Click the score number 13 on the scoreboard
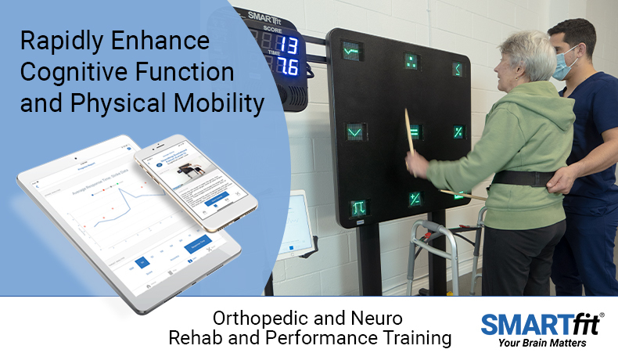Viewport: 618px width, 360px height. coord(288,44)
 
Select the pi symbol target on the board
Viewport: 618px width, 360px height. coord(358,208)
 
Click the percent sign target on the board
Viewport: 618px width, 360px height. coord(458,132)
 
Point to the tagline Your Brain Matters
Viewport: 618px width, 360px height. coord(541,342)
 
